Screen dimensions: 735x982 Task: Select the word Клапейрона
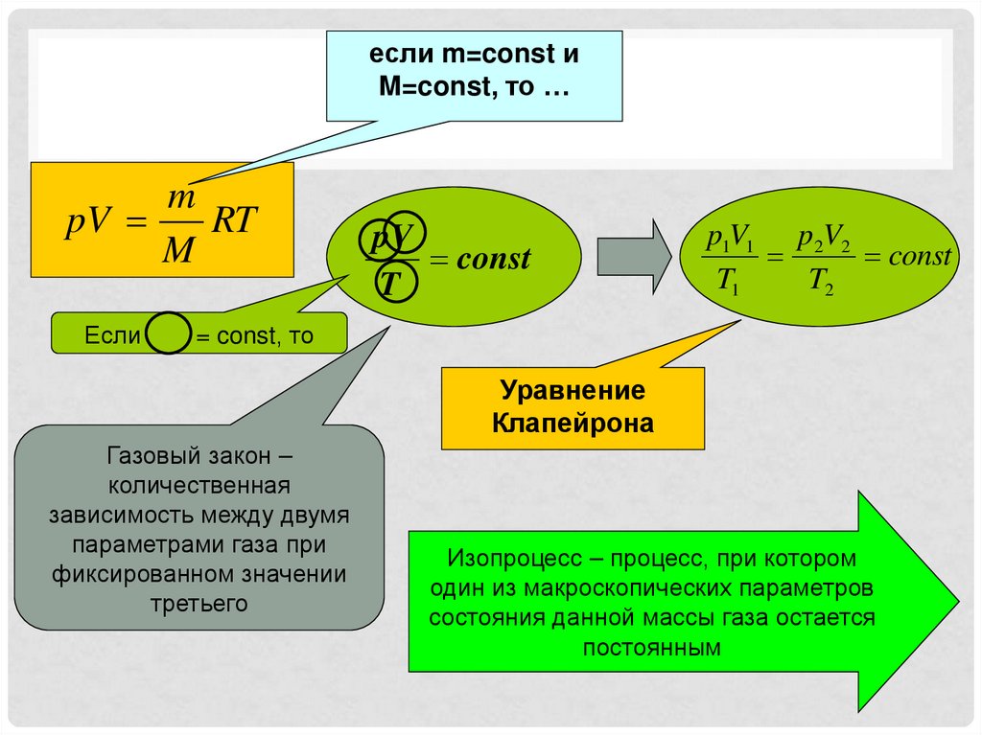573,422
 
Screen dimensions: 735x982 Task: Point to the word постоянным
651,647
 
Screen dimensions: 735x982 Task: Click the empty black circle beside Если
169,336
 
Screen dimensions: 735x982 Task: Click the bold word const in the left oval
493,259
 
